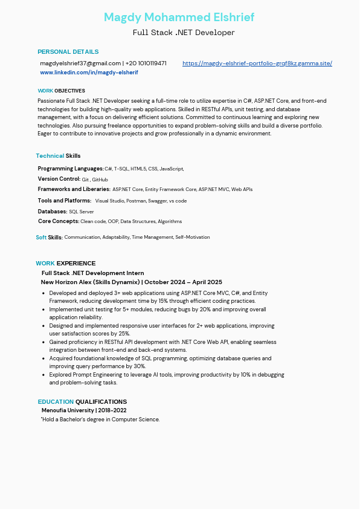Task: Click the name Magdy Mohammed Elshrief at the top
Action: pyautogui.click(x=179, y=17)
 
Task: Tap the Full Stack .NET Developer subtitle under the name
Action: pyautogui.click(x=184, y=32)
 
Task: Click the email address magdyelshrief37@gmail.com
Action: pyautogui.click(x=80, y=63)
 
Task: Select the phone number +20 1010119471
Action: pyautogui.click(x=146, y=63)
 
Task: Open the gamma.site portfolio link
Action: pyautogui.click(x=257, y=63)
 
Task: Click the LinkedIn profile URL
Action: pyautogui.click(x=89, y=73)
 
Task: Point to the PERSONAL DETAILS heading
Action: pyautogui.click(x=68, y=52)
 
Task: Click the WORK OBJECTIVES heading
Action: pyautogui.click(x=61, y=91)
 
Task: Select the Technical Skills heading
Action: pyautogui.click(x=58, y=156)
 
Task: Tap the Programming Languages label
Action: pyautogui.click(x=71, y=169)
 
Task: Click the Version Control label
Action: pyautogui.click(x=59, y=179)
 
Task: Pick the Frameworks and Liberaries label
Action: pyautogui.click(x=74, y=189)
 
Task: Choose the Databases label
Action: pyautogui.click(x=53, y=212)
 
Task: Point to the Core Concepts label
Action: pyautogui.click(x=59, y=221)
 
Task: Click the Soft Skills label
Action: pyautogui.click(x=49, y=238)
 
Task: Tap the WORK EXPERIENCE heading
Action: pyautogui.click(x=65, y=264)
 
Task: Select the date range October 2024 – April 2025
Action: pyautogui.click(x=184, y=282)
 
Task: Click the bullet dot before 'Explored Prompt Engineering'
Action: pyautogui.click(x=43, y=375)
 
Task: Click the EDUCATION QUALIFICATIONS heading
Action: pyautogui.click(x=82, y=402)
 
